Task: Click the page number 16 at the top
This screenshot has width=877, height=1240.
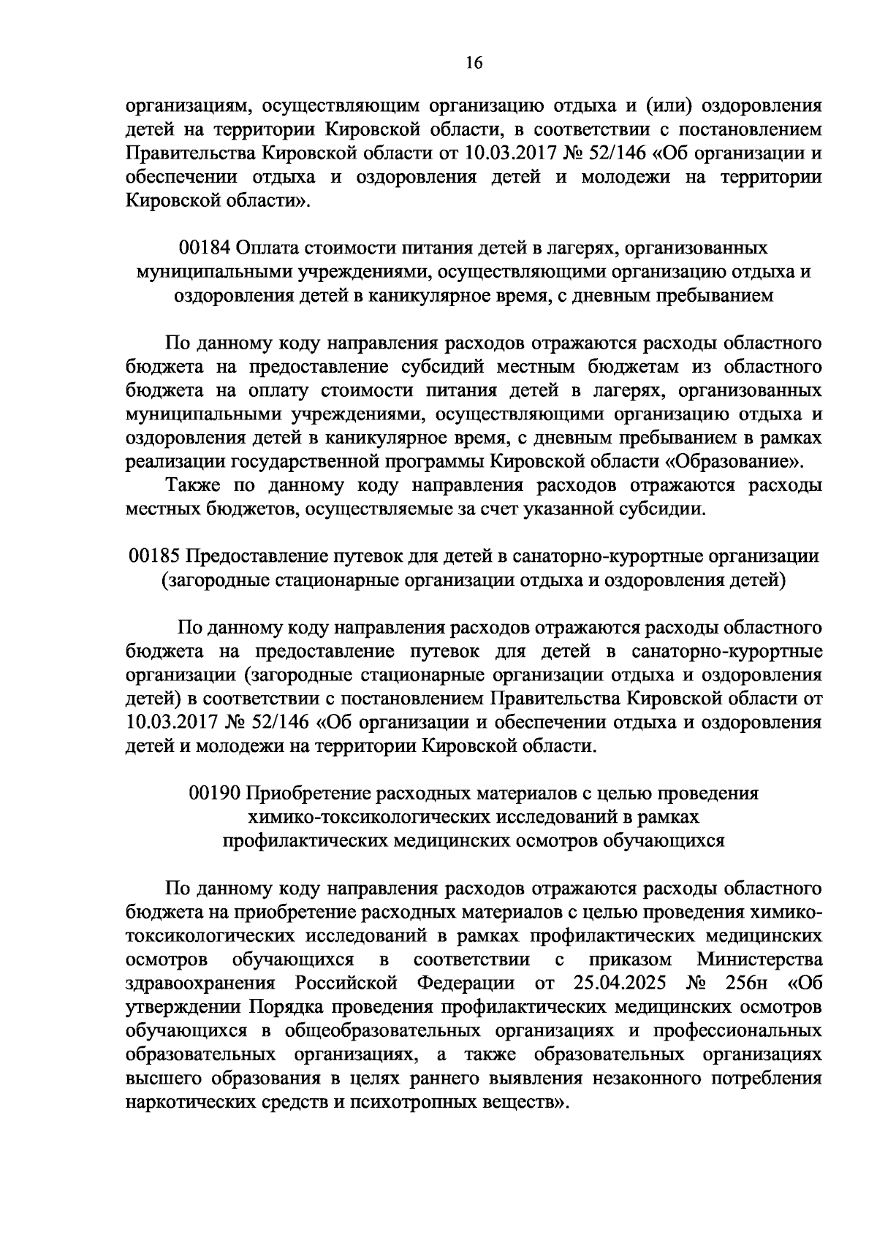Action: coord(474,64)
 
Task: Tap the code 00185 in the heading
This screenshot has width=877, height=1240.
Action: coord(154,557)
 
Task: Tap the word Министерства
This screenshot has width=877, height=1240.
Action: coord(760,959)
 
